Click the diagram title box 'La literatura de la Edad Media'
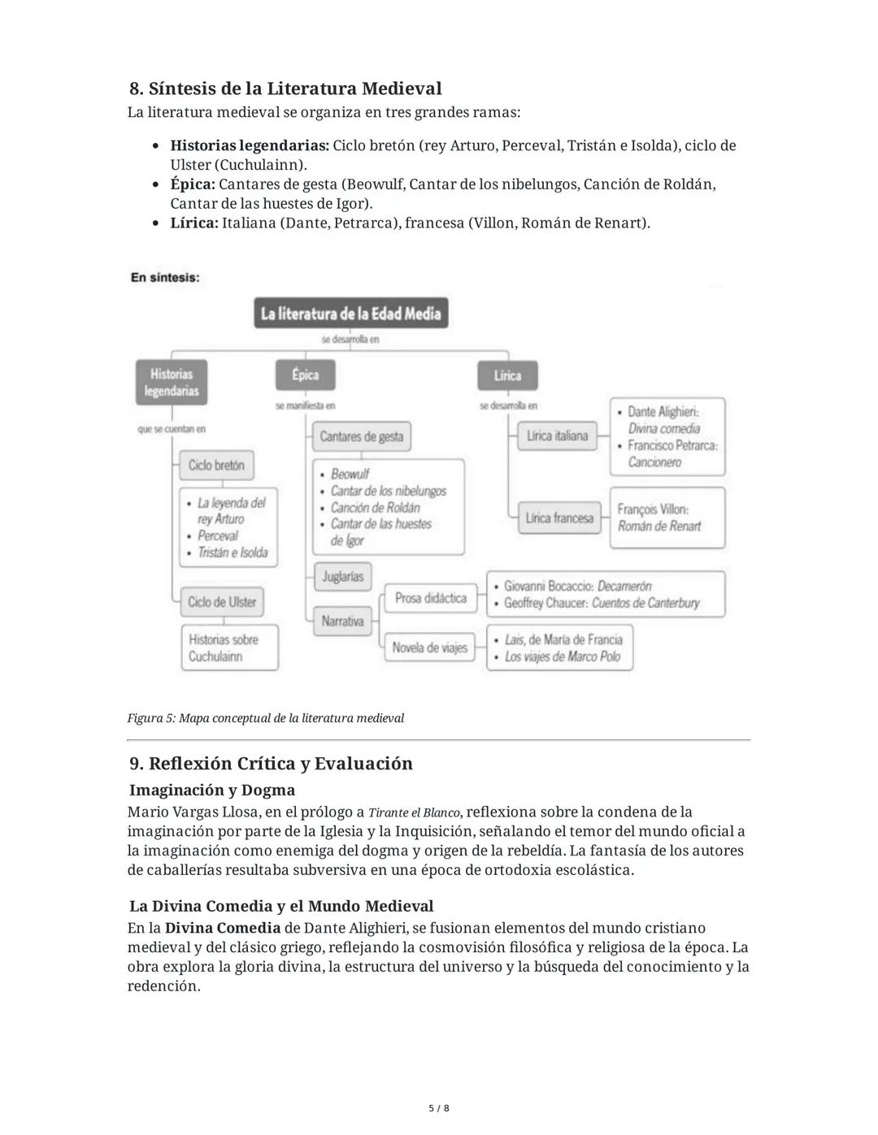click(350, 314)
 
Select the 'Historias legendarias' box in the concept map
click(172, 383)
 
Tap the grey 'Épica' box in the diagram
click(305, 375)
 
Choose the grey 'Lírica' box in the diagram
click(506, 375)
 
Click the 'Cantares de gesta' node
click(361, 436)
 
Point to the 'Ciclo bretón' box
click(216, 466)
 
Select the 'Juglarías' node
click(342, 577)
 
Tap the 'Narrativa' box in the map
click(342, 622)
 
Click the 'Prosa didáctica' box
click(431, 599)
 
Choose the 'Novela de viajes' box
click(430, 648)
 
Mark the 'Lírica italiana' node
click(557, 436)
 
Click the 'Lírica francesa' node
click(559, 518)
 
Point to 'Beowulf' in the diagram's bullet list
click(350, 474)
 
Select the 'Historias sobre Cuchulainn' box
click(228, 648)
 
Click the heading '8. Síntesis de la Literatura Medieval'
click(285, 89)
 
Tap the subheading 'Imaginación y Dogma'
click(212, 790)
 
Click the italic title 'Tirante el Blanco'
click(414, 812)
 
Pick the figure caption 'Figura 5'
click(265, 718)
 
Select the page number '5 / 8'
click(439, 1108)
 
